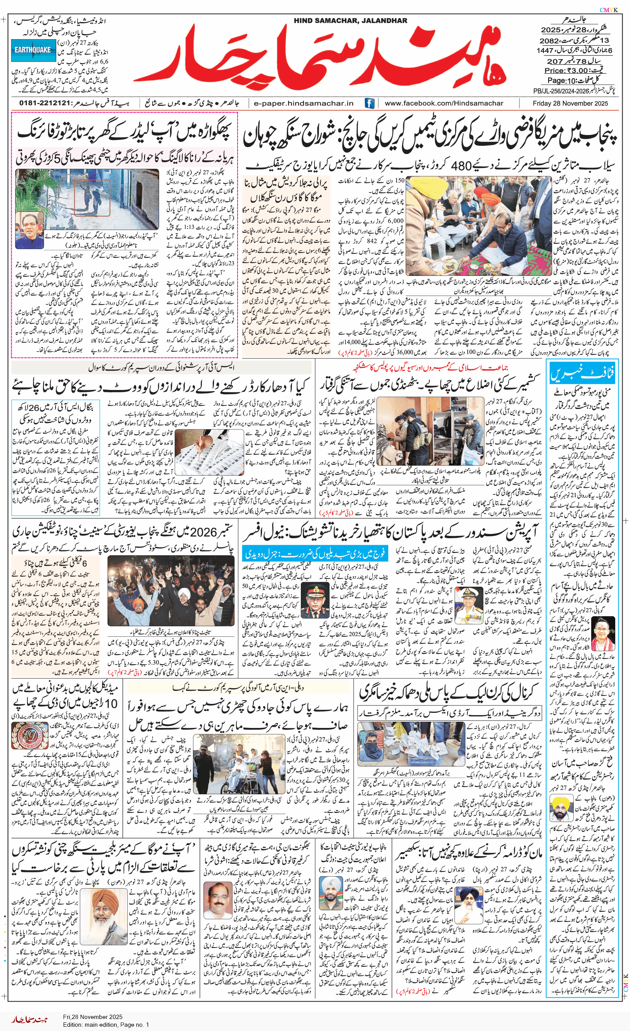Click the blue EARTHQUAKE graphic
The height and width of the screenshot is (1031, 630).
tap(33, 50)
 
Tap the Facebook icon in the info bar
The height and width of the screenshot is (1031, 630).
tap(369, 103)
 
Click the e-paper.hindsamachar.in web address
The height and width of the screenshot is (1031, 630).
tap(304, 103)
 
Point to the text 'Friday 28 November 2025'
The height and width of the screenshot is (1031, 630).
tap(570, 103)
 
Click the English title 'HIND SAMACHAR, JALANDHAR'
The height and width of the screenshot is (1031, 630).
tap(350, 21)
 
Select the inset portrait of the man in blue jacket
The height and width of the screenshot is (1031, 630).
tap(29, 229)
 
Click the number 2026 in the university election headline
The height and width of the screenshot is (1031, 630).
tap(204, 532)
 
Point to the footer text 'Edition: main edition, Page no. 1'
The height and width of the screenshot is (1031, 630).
tap(106, 1024)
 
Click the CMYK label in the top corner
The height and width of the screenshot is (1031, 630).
tap(609, 10)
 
